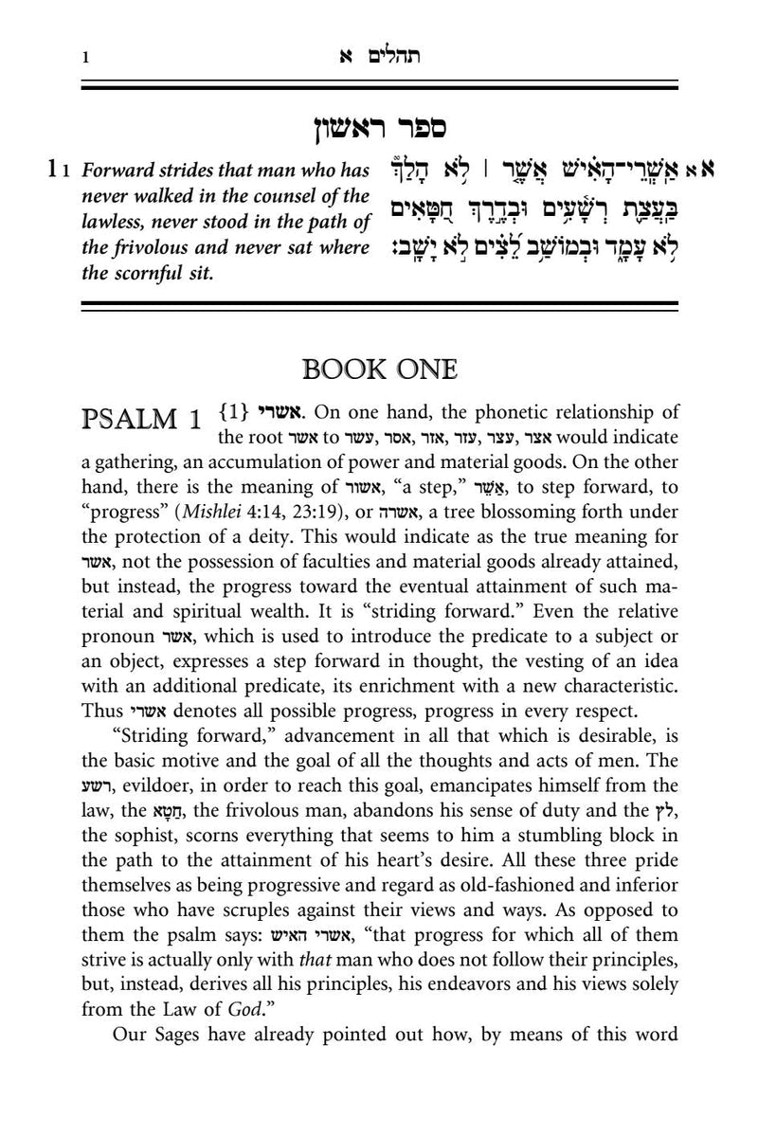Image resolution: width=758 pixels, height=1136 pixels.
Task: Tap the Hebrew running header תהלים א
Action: [x=380, y=57]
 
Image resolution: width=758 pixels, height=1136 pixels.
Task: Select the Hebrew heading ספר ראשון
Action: [x=380, y=127]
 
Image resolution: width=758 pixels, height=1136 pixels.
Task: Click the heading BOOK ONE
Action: [x=379, y=368]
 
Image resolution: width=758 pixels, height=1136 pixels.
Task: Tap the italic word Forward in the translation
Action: [x=114, y=171]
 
